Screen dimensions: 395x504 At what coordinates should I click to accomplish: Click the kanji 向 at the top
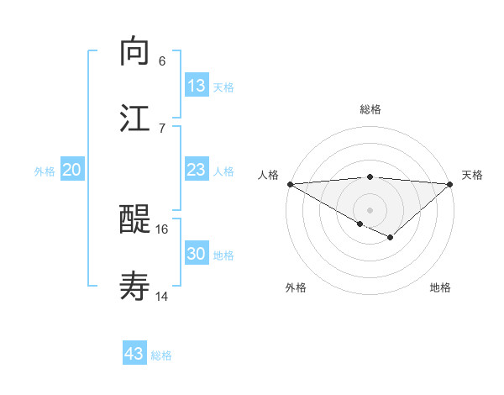135,51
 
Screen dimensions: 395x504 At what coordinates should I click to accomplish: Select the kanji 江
135,118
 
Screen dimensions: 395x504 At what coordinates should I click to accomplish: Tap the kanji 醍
135,221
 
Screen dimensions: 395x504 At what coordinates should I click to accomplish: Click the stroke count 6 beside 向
162,61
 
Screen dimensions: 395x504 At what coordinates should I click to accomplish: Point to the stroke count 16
162,229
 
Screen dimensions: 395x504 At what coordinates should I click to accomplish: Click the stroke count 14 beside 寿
162,296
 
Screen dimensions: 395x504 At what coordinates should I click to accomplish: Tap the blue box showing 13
197,86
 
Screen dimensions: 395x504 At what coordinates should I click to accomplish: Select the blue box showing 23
197,170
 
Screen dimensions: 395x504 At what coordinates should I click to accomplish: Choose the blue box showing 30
197,254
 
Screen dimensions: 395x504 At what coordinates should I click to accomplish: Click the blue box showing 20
72,170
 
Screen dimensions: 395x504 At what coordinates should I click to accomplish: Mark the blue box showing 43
134,354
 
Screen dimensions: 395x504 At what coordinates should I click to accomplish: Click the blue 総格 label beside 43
162,355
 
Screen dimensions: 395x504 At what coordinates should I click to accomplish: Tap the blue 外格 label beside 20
45,171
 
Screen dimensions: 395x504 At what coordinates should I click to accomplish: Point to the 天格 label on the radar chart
472,175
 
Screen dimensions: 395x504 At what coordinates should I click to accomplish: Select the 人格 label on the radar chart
268,175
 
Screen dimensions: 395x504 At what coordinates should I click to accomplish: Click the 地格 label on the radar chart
440,288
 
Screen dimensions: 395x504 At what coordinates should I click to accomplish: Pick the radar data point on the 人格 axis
290,184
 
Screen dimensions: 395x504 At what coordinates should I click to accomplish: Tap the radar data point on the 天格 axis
450,184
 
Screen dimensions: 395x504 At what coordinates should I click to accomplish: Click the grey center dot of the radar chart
370,209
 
